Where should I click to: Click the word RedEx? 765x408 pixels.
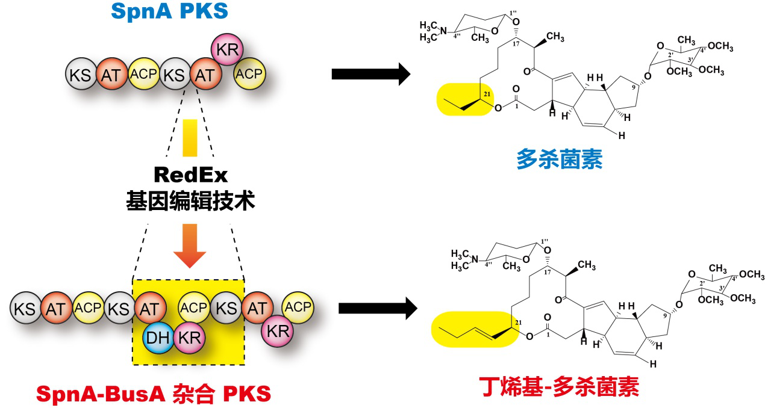coord(190,175)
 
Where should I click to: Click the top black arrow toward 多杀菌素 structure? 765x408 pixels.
coord(370,75)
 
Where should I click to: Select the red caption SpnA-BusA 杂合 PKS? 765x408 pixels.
coord(154,394)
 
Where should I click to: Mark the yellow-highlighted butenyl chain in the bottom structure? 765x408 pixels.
coord(476,329)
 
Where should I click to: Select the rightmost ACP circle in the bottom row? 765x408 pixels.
coord(298,308)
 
